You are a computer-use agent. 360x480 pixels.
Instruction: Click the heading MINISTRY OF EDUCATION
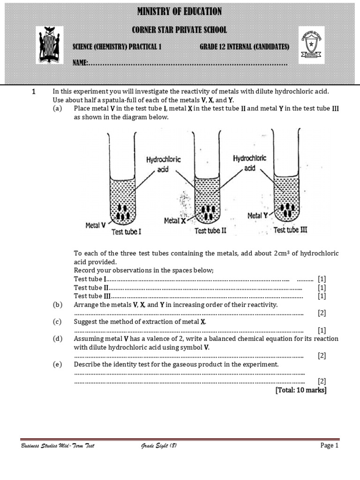[x=180, y=12]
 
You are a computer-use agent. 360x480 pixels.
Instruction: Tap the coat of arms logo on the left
[x=49, y=45]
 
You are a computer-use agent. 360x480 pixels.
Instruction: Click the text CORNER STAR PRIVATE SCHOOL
[x=180, y=30]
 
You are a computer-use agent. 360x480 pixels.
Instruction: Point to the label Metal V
[x=95, y=225]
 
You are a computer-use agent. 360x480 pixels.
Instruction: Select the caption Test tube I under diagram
[x=126, y=232]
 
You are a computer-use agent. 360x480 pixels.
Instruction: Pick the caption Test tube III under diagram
[x=290, y=230]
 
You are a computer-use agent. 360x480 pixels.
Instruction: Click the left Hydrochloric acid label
[x=163, y=164]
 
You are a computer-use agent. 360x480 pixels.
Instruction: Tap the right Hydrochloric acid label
[x=249, y=163]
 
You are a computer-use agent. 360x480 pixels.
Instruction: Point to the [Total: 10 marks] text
[x=301, y=390]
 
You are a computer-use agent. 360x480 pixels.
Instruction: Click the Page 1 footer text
[x=329, y=446]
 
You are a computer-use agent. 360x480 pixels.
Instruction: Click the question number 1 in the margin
[x=34, y=92]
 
